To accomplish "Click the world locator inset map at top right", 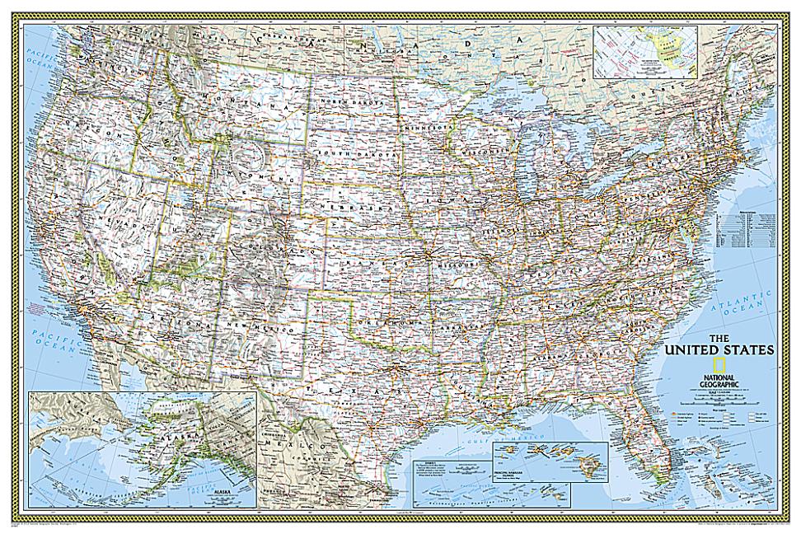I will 644,51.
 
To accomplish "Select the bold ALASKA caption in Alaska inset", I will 223,489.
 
